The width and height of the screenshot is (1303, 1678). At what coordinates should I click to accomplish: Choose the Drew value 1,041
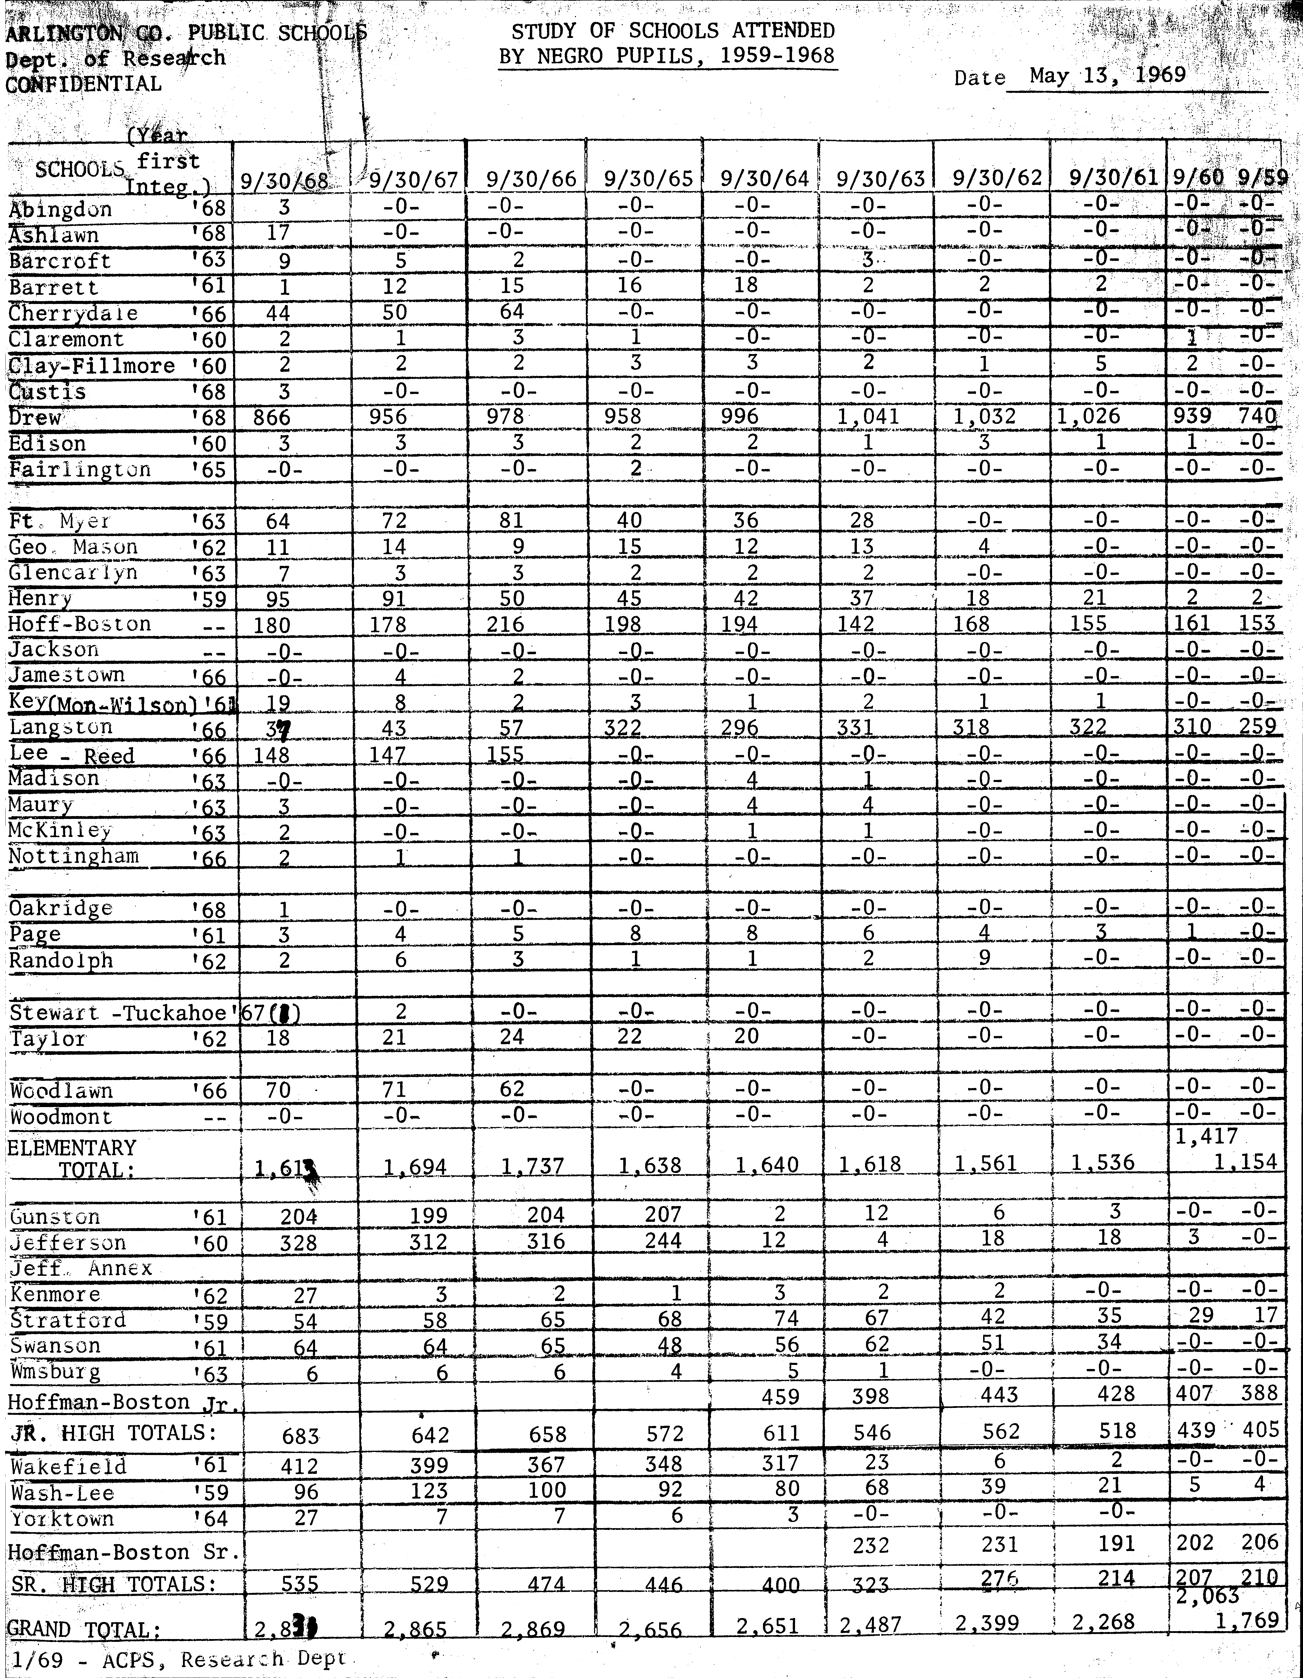pyautogui.click(x=867, y=416)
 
